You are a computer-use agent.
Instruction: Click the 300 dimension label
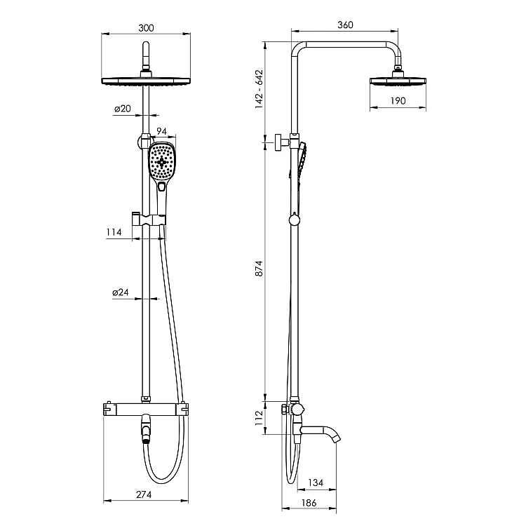(146, 28)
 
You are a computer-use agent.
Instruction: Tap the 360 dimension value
(345, 25)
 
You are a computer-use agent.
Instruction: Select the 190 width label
(398, 100)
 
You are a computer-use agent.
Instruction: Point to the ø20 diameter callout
(123, 109)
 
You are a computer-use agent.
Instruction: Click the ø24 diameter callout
(121, 292)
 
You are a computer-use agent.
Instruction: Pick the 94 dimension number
(162, 131)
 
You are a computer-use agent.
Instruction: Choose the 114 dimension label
(114, 232)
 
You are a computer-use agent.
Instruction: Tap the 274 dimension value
(144, 494)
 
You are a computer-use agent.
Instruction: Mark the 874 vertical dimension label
(259, 269)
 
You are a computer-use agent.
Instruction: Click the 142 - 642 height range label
(259, 89)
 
